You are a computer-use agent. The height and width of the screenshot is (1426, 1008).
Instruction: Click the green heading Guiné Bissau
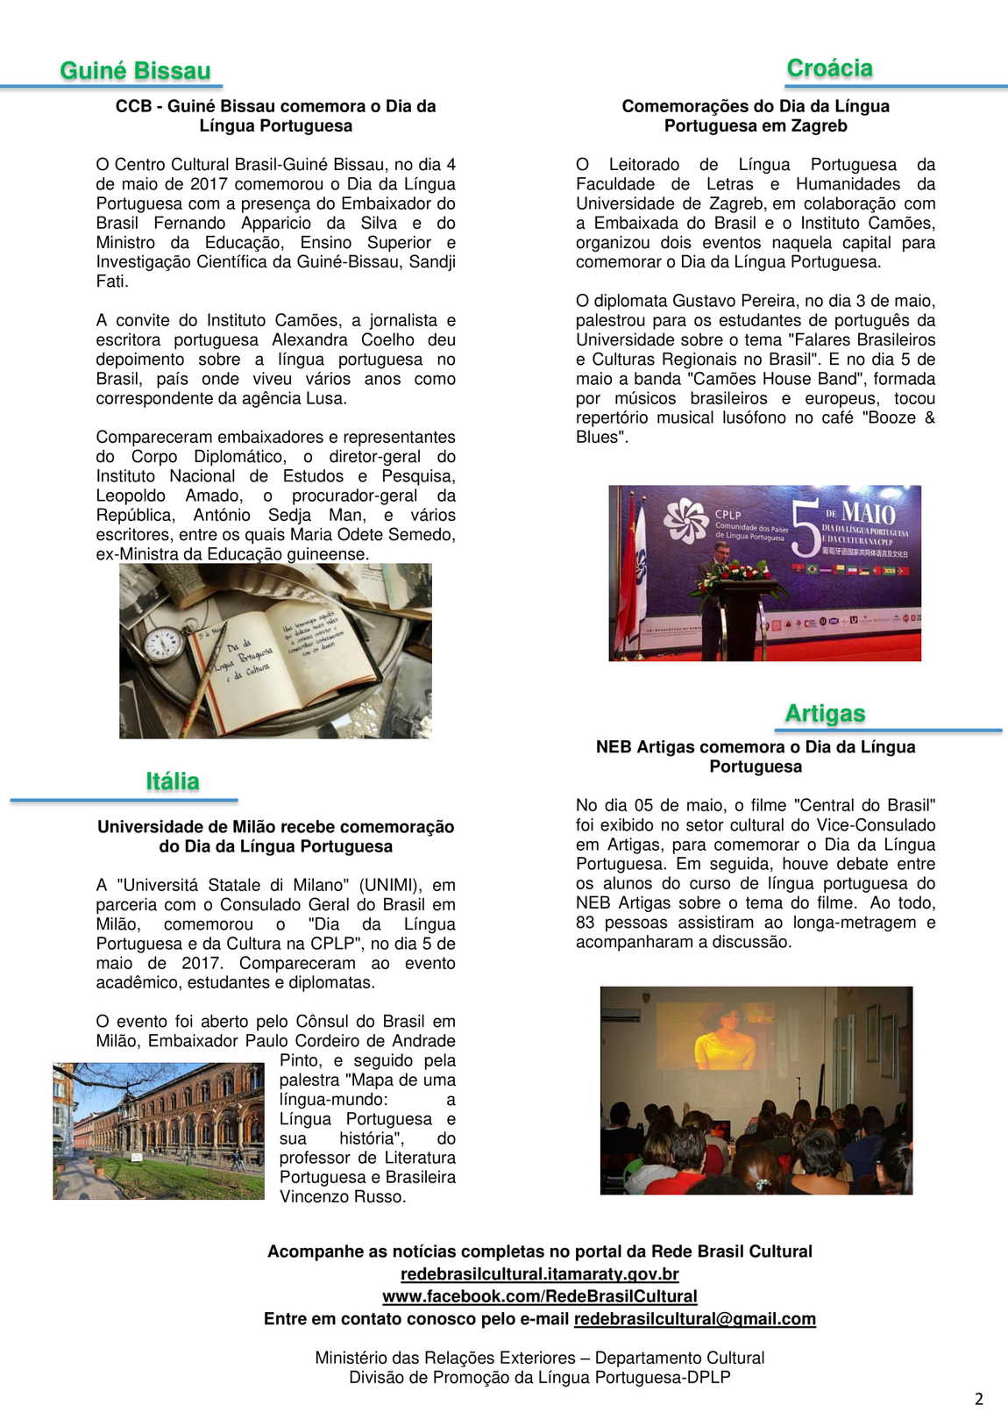click(135, 71)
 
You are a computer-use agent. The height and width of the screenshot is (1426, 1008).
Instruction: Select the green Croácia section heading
click(829, 68)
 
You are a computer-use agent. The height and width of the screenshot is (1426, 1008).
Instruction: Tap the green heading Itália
click(173, 781)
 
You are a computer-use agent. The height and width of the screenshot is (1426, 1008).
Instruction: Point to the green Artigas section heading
click(825, 714)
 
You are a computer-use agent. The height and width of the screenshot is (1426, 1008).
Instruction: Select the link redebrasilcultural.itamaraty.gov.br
click(539, 1273)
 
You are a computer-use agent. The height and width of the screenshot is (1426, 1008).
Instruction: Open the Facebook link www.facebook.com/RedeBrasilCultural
click(539, 1296)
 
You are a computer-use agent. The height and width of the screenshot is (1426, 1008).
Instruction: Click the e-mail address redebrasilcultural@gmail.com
click(694, 1319)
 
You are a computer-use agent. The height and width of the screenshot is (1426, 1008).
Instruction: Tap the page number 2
click(979, 1399)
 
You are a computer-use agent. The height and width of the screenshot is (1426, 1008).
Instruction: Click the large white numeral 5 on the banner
click(804, 530)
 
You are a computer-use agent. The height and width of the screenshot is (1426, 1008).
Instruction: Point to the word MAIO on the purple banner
click(868, 512)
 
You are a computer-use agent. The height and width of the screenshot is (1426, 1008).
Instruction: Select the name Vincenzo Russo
click(342, 1197)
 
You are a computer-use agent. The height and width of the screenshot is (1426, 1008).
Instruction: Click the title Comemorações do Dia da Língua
click(756, 106)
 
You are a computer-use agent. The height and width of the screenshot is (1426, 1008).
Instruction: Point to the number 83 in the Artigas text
click(585, 923)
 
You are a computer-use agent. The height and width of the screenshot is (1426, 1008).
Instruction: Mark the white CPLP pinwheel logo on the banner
click(685, 521)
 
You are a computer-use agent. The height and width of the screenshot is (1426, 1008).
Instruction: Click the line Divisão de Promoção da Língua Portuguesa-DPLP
click(539, 1377)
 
